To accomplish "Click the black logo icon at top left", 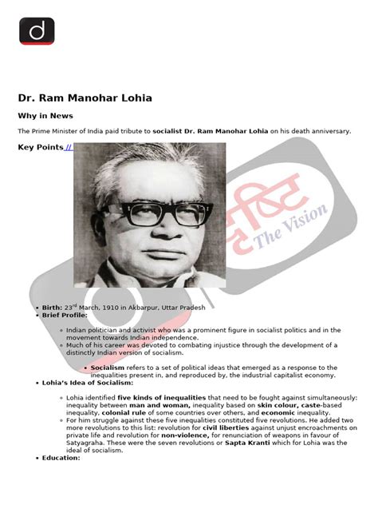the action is click(x=37, y=31).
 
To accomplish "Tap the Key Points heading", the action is click(x=40, y=147).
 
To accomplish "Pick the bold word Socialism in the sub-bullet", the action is click(x=108, y=368).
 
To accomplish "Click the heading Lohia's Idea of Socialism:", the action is click(x=88, y=383).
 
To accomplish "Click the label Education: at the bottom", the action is click(x=61, y=458).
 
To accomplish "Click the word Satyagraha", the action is click(x=89, y=443).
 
